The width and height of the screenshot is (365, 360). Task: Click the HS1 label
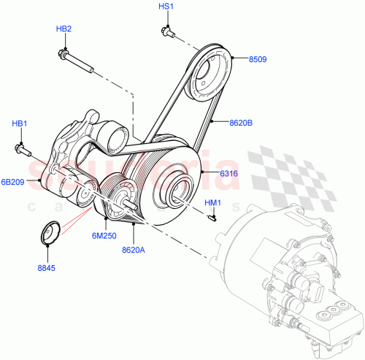coord(166,7)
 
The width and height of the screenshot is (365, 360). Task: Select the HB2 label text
coord(64,28)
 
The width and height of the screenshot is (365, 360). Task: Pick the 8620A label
coord(134,249)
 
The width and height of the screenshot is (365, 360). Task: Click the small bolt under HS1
coord(167,32)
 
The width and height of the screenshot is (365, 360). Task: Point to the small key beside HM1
coord(212,215)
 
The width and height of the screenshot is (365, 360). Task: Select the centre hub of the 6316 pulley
coord(179,191)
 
